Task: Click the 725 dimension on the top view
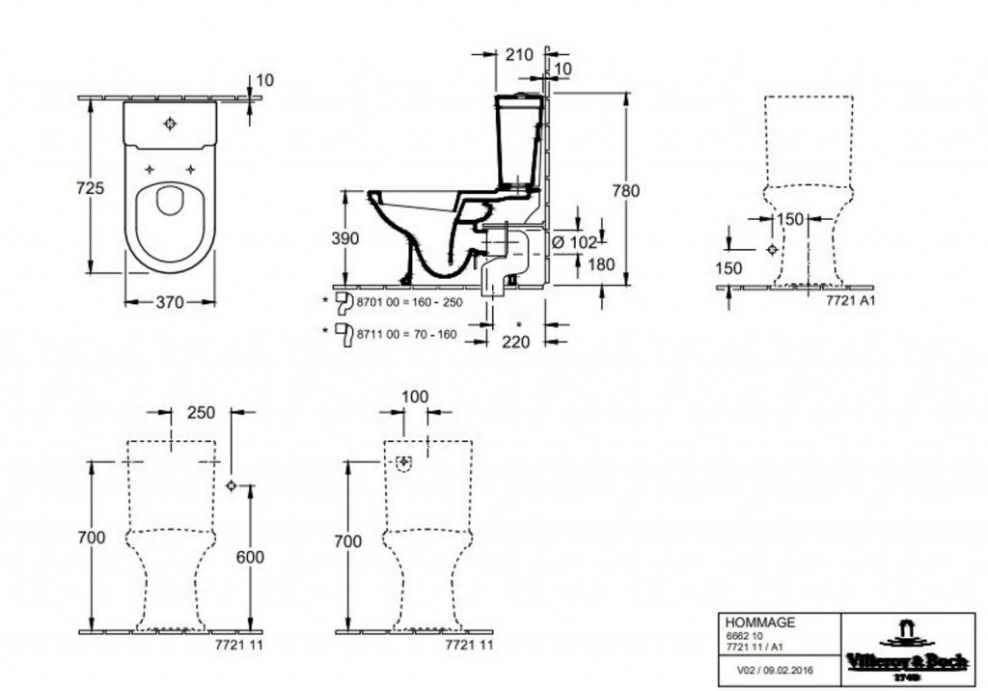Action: [x=90, y=189]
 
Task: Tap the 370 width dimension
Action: [x=169, y=302]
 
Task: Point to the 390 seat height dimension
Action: [x=346, y=238]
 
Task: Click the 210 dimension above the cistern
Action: [x=519, y=54]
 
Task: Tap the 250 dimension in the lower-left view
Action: [x=201, y=412]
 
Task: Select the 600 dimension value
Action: [x=250, y=557]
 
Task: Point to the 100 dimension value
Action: [x=416, y=397]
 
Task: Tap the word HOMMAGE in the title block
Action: [x=760, y=623]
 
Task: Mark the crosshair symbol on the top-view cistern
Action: [x=170, y=124]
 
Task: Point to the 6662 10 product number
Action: [x=741, y=637]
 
